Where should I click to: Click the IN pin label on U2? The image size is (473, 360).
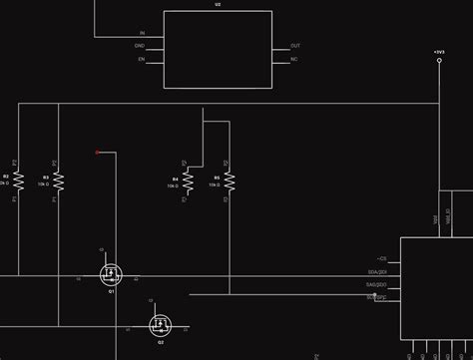pyautogui.click(x=142, y=33)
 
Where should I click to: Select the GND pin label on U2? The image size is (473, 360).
pyautogui.click(x=140, y=46)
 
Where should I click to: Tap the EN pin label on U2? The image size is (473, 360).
pyautogui.click(x=141, y=59)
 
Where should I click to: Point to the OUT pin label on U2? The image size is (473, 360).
pyautogui.click(x=294, y=46)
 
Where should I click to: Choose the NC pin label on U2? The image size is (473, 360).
pyautogui.click(x=293, y=59)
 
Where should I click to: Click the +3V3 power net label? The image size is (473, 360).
pyautogui.click(x=439, y=50)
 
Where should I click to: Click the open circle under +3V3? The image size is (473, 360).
pyautogui.click(x=439, y=61)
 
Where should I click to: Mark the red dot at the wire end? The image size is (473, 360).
pyautogui.click(x=97, y=153)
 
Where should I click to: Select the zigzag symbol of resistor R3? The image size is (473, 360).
pyautogui.click(x=58, y=180)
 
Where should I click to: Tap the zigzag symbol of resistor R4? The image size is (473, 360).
pyautogui.click(x=186, y=180)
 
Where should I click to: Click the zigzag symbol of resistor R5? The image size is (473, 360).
pyautogui.click(x=229, y=180)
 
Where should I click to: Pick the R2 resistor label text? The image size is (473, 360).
pyautogui.click(x=5, y=177)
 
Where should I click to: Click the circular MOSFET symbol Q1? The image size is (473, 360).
pyautogui.click(x=110, y=272)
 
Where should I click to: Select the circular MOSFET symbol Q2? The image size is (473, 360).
pyautogui.click(x=160, y=324)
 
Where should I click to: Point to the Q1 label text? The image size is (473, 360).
pyautogui.click(x=111, y=291)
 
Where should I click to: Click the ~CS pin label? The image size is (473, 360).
pyautogui.click(x=380, y=258)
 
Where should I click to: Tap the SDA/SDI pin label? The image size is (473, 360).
pyautogui.click(x=377, y=271)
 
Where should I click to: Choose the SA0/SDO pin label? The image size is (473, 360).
pyautogui.click(x=376, y=284)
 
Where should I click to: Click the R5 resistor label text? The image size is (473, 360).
pyautogui.click(x=216, y=177)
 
